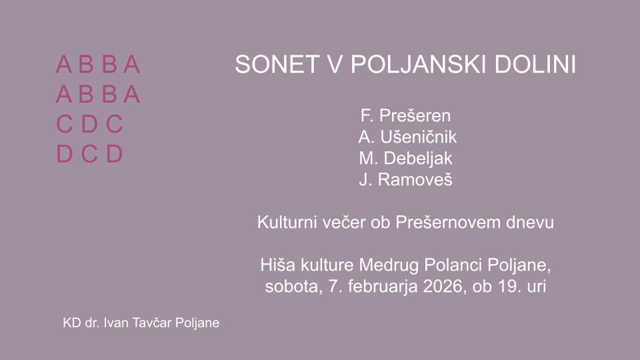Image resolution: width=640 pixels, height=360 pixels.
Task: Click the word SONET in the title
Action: click(x=277, y=64)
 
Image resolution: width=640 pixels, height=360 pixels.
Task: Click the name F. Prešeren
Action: click(x=406, y=115)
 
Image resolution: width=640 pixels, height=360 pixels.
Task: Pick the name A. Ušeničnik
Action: click(x=407, y=137)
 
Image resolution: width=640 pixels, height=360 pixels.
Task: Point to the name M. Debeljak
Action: click(x=406, y=159)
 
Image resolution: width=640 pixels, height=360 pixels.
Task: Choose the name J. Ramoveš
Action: click(x=406, y=179)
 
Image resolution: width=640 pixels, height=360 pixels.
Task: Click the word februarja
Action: click(x=383, y=287)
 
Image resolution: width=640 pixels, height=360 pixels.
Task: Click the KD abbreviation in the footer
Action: click(x=72, y=323)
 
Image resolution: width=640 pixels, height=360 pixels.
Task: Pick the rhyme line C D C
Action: click(x=89, y=124)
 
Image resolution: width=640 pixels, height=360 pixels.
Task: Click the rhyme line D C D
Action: click(x=89, y=154)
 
